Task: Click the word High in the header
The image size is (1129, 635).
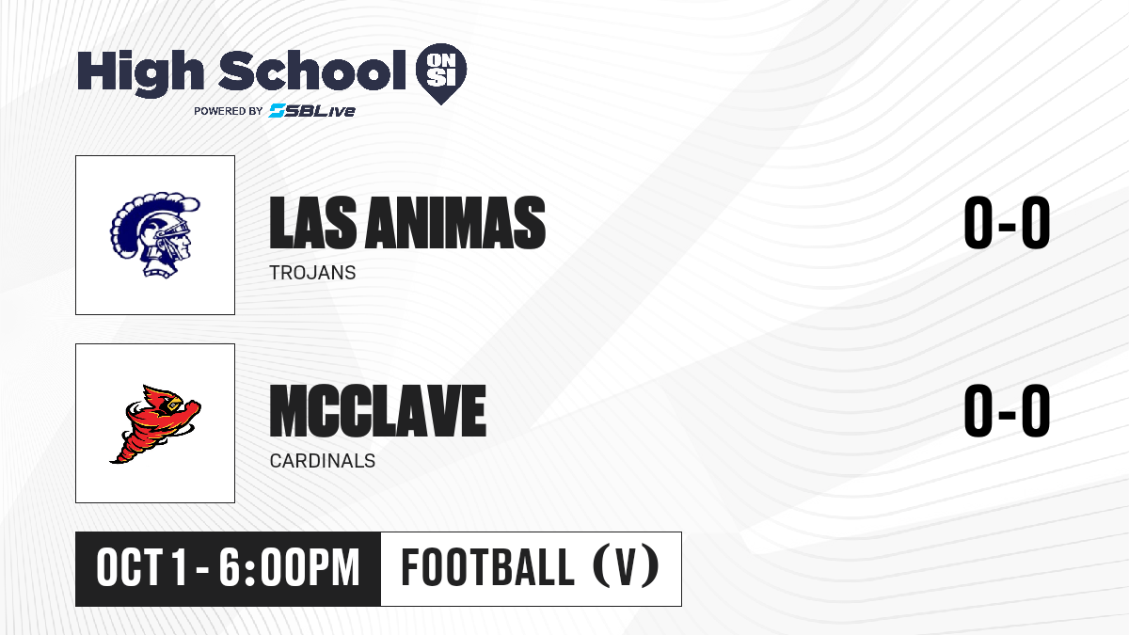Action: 140,72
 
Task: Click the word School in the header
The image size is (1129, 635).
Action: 312,71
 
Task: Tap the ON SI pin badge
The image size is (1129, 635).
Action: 441,73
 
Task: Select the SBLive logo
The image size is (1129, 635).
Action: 312,110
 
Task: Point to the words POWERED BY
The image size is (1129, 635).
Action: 229,111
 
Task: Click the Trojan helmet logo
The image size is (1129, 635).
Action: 154,234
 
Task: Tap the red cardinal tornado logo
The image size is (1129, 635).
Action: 155,424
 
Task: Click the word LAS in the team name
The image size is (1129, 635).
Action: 313,223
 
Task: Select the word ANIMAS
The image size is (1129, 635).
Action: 455,223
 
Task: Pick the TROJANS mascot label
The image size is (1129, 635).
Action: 312,273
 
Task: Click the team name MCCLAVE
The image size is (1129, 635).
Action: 378,410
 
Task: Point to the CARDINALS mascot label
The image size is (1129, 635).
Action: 323,461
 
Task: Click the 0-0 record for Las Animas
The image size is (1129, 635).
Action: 1007,222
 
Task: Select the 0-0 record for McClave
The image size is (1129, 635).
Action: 1007,410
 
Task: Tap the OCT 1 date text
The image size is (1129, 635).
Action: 142,568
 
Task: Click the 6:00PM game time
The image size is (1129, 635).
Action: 290,568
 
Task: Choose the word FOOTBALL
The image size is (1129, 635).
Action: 487,567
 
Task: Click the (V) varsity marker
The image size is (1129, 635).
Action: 626,567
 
